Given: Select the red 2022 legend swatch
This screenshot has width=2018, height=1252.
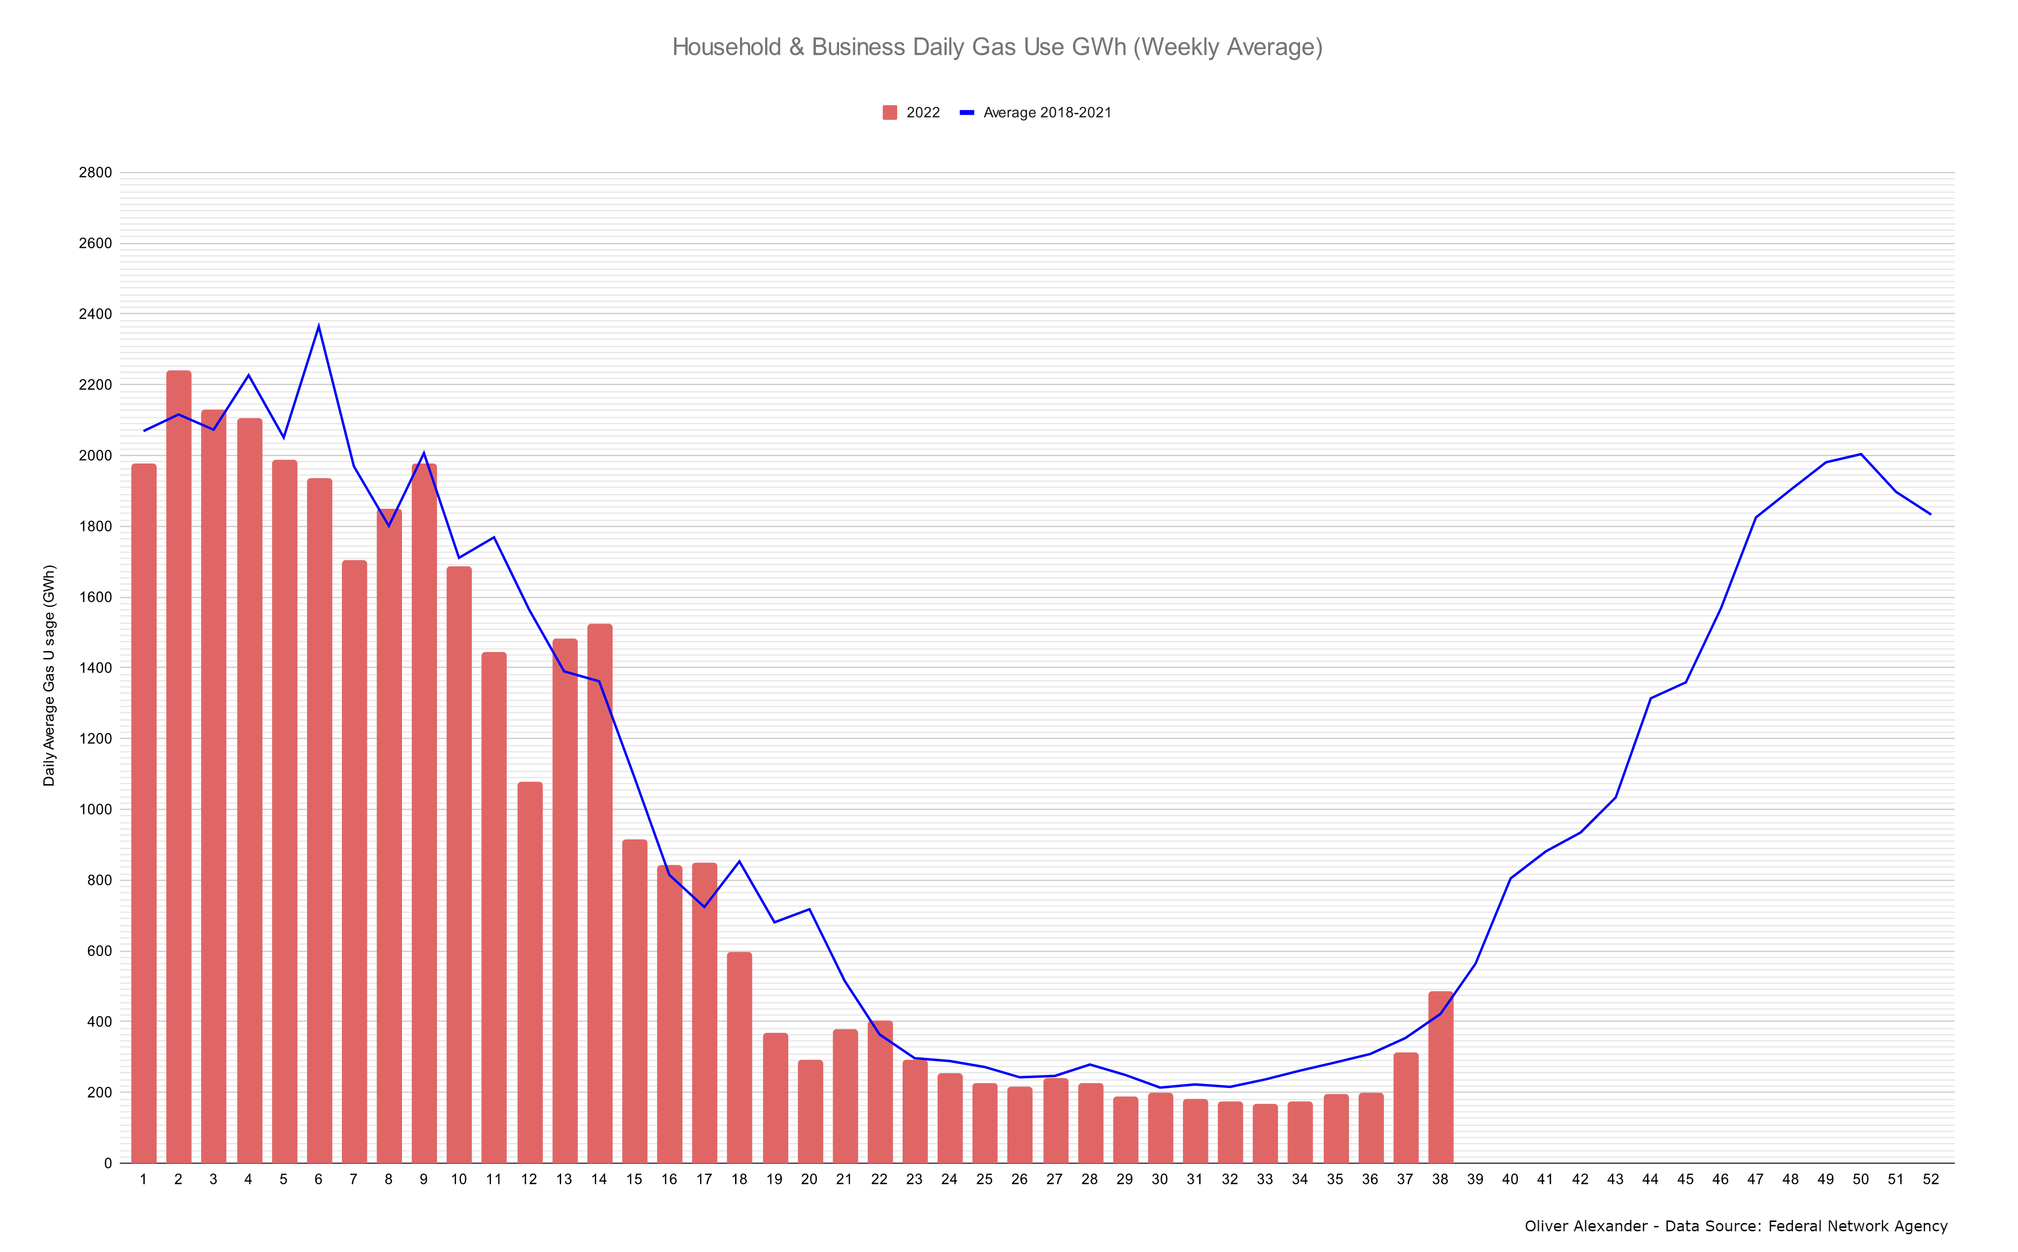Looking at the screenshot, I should pos(889,113).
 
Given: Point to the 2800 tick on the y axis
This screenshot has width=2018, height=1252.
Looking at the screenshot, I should pos(95,172).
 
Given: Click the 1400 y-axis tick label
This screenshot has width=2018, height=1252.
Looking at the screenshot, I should pos(95,667).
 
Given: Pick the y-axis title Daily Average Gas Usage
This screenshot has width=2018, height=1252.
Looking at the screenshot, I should pos(50,675).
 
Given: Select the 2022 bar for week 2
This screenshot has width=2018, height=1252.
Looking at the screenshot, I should pos(179,766).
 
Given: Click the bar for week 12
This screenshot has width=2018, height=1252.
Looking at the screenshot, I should pos(530,972).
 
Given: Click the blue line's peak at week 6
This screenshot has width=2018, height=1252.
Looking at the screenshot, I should pos(319,326).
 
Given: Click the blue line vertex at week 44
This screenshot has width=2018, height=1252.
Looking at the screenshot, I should pos(1650,698).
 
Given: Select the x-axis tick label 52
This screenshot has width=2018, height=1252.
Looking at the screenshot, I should pos(1930,1179).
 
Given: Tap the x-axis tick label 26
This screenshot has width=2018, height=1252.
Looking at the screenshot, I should pos(1019,1179).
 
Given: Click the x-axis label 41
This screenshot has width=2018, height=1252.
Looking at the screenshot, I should pos(1545,1179).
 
